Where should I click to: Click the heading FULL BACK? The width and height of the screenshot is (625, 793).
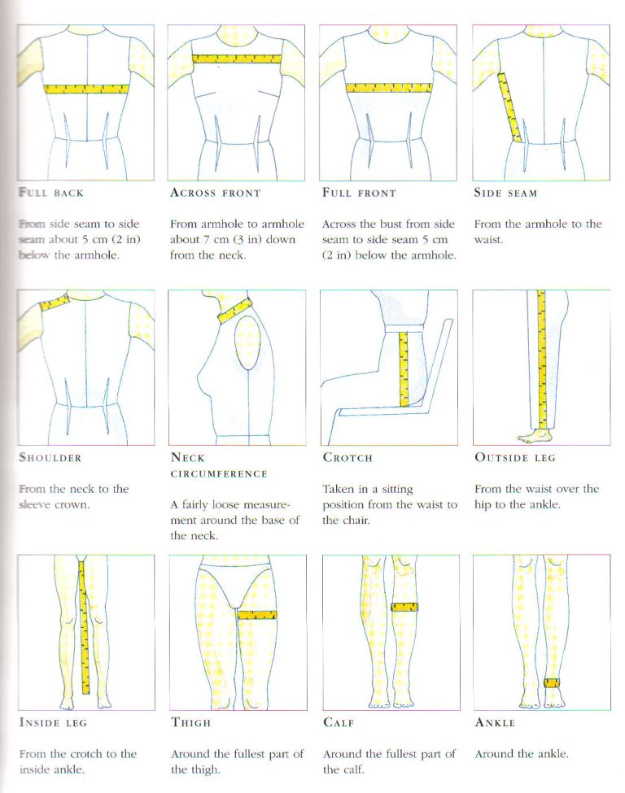(50, 194)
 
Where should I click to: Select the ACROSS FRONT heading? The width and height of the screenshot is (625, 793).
(215, 194)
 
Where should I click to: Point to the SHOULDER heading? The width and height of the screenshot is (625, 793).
(50, 458)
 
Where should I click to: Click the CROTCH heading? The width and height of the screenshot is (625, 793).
(347, 458)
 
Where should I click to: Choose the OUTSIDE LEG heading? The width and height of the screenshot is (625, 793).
(514, 458)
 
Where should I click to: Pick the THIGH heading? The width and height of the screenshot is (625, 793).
(190, 722)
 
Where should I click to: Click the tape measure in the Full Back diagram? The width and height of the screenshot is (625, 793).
(85, 89)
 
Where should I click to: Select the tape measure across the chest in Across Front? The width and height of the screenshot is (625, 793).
(236, 59)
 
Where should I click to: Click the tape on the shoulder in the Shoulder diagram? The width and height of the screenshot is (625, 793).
(55, 303)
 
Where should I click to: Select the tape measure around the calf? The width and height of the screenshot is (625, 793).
(404, 607)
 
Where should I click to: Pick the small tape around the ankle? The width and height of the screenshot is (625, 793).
(553, 682)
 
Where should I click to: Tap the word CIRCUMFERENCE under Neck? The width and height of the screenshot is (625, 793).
(217, 473)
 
